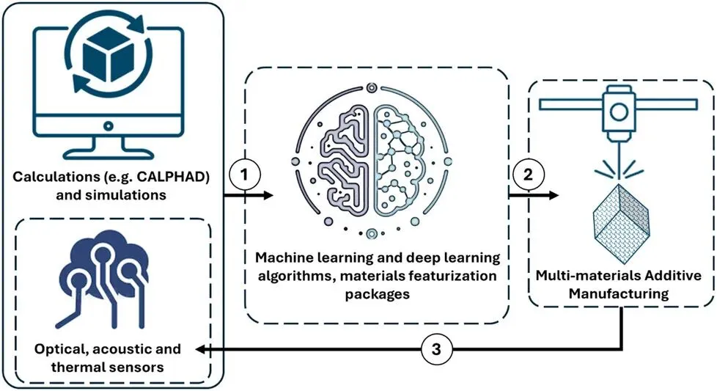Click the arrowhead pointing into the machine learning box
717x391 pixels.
click(x=267, y=195)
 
